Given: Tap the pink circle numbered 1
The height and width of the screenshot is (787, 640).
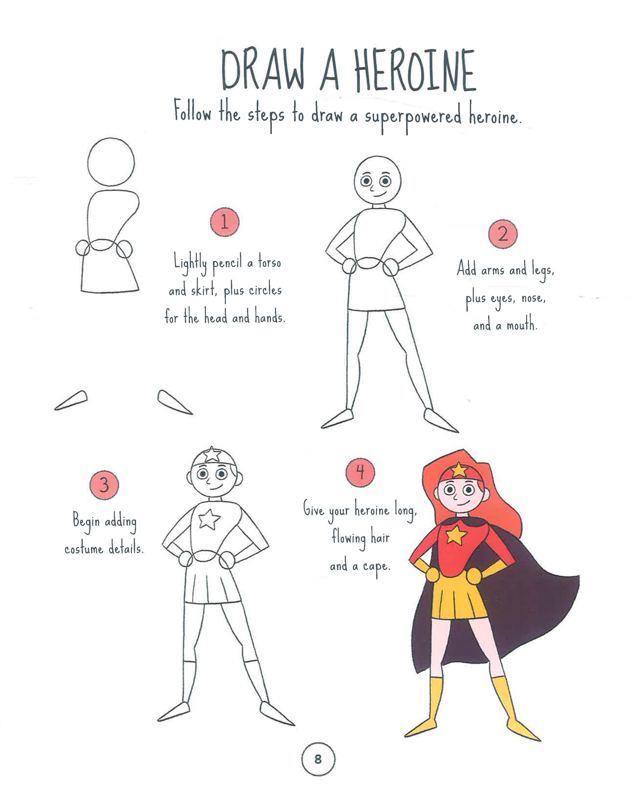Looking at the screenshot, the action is [x=225, y=222].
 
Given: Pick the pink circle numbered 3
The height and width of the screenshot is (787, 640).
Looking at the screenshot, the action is [x=104, y=485].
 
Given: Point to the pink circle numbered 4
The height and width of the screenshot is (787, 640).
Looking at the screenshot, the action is [x=360, y=472].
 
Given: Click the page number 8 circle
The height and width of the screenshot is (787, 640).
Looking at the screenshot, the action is [x=318, y=759].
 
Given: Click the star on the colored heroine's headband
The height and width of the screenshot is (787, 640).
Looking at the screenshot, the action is [x=459, y=470].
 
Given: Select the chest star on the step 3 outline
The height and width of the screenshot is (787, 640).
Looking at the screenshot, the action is [x=210, y=519].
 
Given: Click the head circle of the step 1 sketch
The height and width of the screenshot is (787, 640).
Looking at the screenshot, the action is [x=111, y=162].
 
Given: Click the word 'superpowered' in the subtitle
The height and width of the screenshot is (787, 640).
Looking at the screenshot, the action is [x=413, y=117].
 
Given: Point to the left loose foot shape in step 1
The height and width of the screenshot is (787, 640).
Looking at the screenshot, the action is [x=71, y=400].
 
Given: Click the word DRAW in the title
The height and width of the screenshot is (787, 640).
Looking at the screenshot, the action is [x=264, y=70].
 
